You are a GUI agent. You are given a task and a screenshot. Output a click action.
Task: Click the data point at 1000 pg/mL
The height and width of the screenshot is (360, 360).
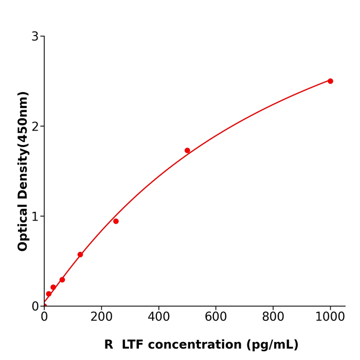pyautogui.click(x=330, y=81)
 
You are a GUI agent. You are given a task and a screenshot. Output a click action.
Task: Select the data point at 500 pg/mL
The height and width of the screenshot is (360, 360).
pyautogui.click(x=187, y=151)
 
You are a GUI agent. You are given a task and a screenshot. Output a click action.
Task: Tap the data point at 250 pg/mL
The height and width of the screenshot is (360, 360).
pyautogui.click(x=116, y=221)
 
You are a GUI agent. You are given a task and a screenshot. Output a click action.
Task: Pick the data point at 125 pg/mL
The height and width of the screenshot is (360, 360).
pyautogui.click(x=80, y=255)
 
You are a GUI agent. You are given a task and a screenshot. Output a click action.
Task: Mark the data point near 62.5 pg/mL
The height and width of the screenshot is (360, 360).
pyautogui.click(x=62, y=280)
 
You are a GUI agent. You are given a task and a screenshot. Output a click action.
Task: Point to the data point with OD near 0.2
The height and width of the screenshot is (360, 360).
pyautogui.click(x=53, y=287)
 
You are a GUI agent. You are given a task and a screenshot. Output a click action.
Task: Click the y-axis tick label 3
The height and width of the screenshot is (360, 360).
pyautogui.click(x=35, y=37)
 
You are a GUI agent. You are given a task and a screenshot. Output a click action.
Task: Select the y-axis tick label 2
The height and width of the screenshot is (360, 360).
pyautogui.click(x=35, y=127)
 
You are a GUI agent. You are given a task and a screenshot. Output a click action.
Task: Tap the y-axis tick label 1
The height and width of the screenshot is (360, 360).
pyautogui.click(x=35, y=217)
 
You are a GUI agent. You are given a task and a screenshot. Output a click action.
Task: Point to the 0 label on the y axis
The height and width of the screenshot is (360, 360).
pyautogui.click(x=35, y=307)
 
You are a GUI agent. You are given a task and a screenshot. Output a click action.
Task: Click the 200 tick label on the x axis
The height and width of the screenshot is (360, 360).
pyautogui.click(x=101, y=317)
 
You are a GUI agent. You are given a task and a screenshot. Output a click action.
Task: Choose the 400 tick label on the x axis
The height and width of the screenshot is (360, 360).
pyautogui.click(x=158, y=317)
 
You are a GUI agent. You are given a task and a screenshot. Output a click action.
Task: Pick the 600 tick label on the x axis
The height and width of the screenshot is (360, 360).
pyautogui.click(x=215, y=317)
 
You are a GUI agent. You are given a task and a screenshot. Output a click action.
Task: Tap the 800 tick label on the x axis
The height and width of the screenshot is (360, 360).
pyautogui.click(x=273, y=317)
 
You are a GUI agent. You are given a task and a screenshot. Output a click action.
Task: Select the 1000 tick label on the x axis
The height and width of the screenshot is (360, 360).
pyautogui.click(x=330, y=317)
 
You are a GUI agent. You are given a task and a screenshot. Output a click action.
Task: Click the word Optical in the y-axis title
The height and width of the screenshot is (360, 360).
pyautogui.click(x=23, y=227)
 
